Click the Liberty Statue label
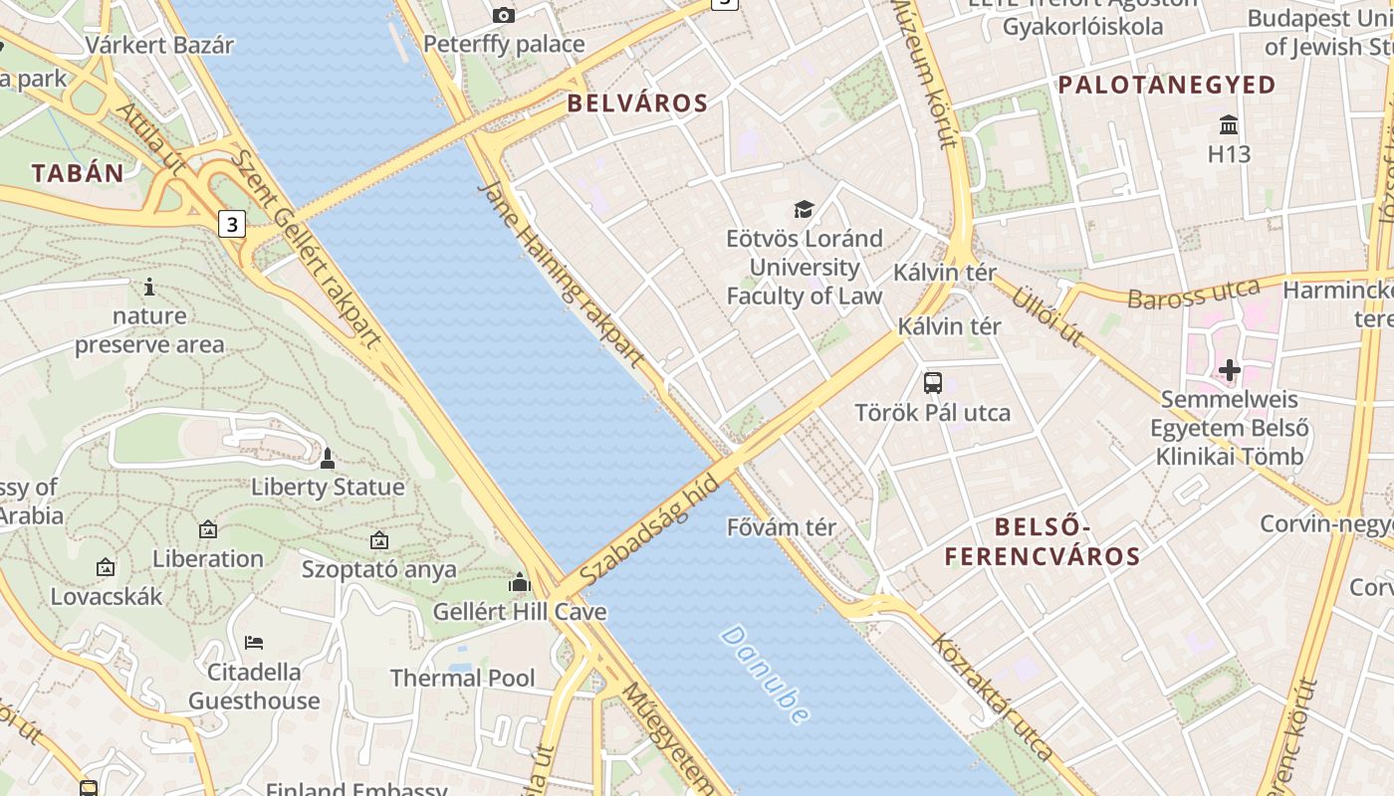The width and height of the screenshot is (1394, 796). (x=328, y=488)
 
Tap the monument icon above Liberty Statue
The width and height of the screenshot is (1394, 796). (x=328, y=459)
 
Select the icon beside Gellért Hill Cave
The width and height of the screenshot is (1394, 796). (x=519, y=582)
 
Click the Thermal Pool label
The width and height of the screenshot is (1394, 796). (x=462, y=679)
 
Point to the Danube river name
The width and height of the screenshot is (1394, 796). (x=765, y=674)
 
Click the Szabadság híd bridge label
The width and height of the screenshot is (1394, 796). (x=648, y=529)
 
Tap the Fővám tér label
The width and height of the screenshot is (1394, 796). (x=782, y=527)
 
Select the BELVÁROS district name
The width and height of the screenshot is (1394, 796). (x=637, y=103)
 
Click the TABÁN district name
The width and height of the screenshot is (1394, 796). (x=78, y=173)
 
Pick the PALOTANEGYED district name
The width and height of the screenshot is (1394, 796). (x=1167, y=86)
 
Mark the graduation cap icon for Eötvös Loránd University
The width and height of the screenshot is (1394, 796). (x=804, y=209)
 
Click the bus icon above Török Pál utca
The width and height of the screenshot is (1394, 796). (x=933, y=382)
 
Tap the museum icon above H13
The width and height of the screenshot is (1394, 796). (x=1229, y=125)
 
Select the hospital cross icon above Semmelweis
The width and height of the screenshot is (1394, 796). (x=1230, y=370)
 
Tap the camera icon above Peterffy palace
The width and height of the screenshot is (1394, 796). (x=504, y=15)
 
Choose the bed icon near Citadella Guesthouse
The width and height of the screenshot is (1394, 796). (x=254, y=642)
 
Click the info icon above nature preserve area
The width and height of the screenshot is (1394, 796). (x=149, y=287)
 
